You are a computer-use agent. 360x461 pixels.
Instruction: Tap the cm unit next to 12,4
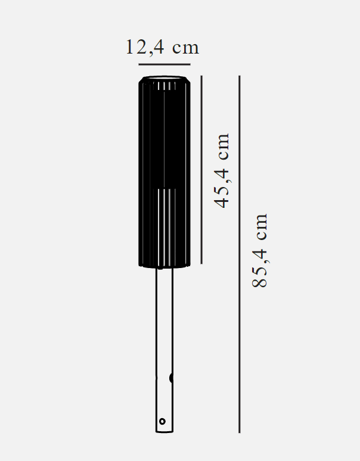pos(185,48)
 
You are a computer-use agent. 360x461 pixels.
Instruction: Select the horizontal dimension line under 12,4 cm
pos(165,64)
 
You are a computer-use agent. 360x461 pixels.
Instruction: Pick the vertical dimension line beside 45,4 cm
pos(201,170)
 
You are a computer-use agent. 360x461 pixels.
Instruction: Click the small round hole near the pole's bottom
pos(162,421)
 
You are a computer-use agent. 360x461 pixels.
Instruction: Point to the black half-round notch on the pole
pos(171,378)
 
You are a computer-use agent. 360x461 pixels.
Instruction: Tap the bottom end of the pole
pos(164,431)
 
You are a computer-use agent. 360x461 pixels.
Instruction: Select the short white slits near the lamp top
pos(167,86)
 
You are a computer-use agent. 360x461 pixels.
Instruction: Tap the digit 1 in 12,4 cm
pos(131,48)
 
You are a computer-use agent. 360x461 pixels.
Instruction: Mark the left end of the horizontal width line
pos(139,64)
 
